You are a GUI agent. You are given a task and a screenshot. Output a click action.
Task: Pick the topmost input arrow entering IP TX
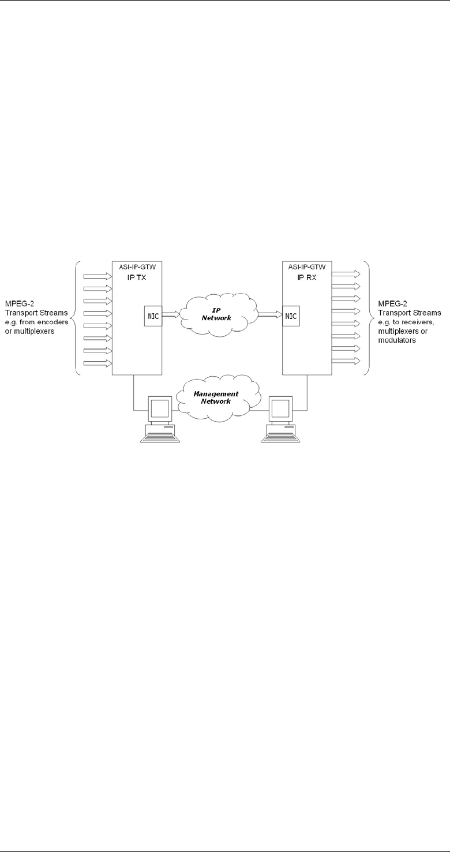coord(97,276)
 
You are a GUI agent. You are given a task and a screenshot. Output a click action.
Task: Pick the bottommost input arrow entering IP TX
coord(97,363)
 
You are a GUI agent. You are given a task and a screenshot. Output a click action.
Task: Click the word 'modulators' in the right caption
coord(397,341)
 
